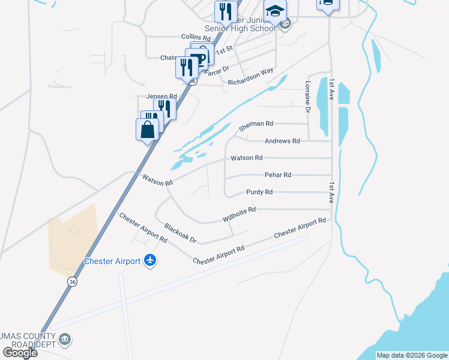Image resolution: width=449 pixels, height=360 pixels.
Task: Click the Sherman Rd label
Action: coord(256,124)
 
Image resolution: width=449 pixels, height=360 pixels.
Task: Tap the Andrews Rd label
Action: coord(282,141)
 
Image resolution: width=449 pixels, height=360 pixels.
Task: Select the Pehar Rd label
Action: coord(277,175)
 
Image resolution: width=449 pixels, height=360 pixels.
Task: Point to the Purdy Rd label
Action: coord(259,192)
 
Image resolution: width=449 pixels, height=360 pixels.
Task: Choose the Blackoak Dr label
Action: coord(180,233)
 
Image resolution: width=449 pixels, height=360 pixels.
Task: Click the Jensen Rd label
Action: coord(161,96)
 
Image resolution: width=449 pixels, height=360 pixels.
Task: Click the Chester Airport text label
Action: coord(112,261)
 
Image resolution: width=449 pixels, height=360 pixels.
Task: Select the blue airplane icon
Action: coord(150,260)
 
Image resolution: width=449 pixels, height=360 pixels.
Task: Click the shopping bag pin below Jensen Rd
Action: coord(148,129)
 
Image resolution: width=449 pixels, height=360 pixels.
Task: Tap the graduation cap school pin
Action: coord(275,12)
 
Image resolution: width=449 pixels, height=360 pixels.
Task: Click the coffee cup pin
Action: coord(200,58)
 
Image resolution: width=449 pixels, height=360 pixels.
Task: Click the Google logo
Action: coord(20,352)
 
